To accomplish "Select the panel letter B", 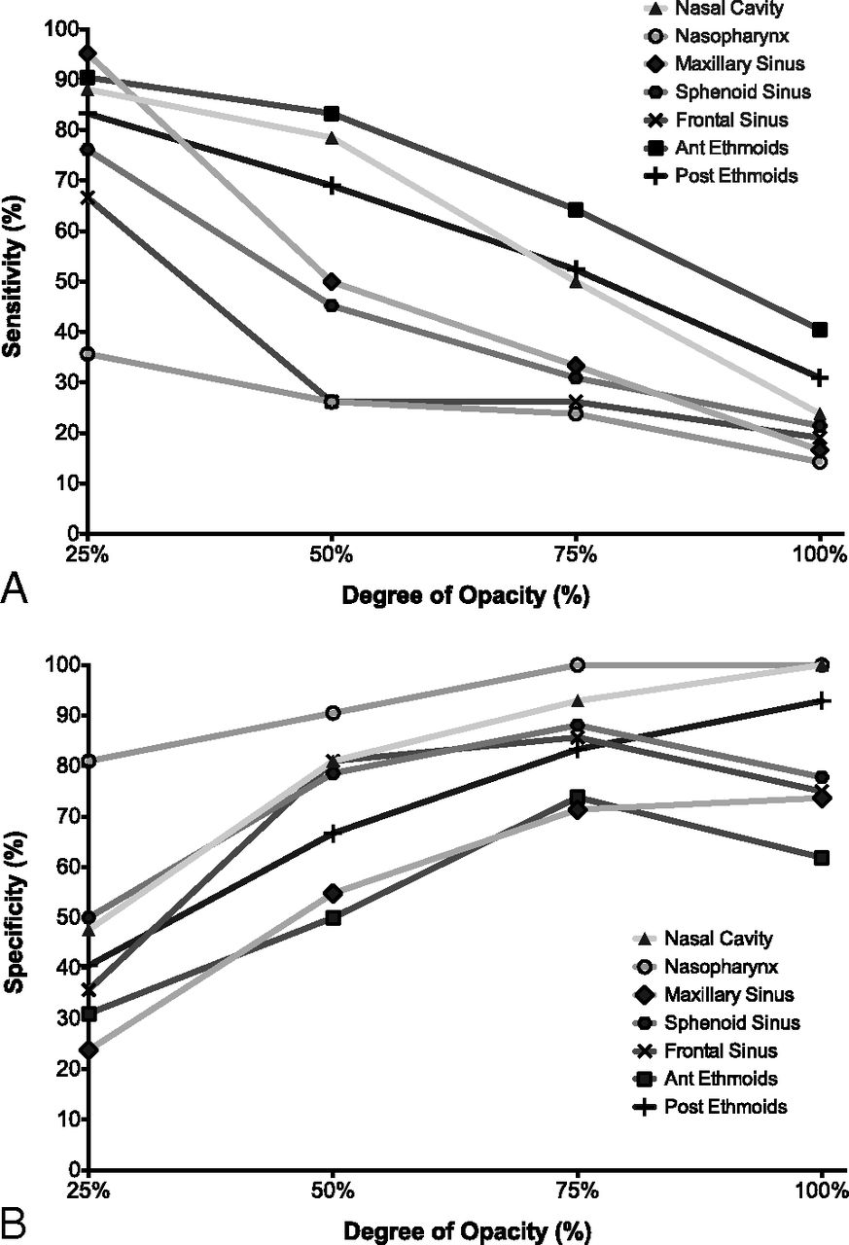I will pos(14,1222).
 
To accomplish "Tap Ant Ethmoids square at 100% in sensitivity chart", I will pos(820,330).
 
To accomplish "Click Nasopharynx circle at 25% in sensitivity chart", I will pos(88,354).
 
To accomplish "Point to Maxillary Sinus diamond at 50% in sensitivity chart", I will pos(332,282).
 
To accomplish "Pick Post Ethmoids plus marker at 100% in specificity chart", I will pos(821,700).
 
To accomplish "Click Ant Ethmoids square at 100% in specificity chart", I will pos(821,857).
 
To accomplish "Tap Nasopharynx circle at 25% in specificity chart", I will pos(88,761).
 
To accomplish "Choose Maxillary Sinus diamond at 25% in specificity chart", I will pos(88,1049).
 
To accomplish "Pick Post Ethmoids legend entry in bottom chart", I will pos(725,1107).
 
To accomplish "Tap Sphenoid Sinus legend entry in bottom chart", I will pos(731,1023).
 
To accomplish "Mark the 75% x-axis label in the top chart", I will pos(576,555).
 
